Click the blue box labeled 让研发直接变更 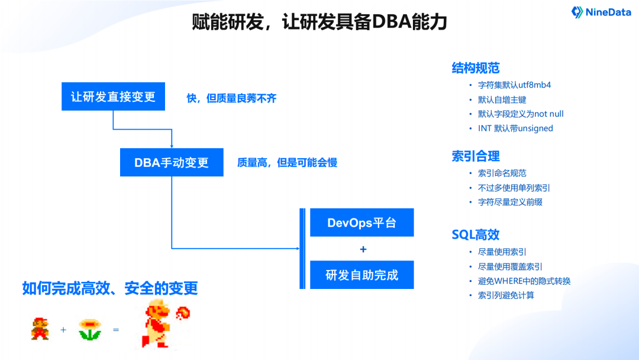click(x=113, y=97)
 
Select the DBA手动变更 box click(x=172, y=162)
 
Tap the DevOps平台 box click(x=362, y=223)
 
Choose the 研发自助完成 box click(x=362, y=275)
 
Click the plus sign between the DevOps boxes click(x=363, y=249)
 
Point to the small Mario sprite click(x=40, y=329)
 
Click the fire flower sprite click(x=90, y=329)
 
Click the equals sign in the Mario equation click(x=116, y=329)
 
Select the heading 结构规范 click(x=476, y=67)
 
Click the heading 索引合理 click(x=476, y=156)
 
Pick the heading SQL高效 click(x=476, y=234)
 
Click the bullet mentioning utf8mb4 click(x=514, y=85)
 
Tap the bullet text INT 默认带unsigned click(x=515, y=128)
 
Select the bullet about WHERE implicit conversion click(x=524, y=281)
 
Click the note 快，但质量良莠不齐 click(x=231, y=98)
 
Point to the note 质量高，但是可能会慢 click(x=287, y=162)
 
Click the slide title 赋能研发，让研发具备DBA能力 click(x=319, y=22)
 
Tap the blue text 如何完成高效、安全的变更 click(x=110, y=288)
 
